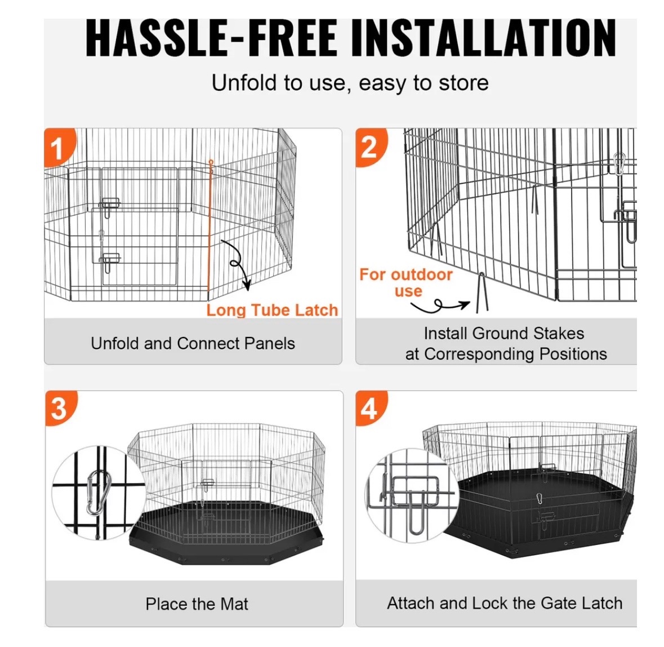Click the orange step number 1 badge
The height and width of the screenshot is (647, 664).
pyautogui.click(x=59, y=147)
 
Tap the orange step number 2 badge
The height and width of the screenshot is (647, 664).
pyautogui.click(x=371, y=147)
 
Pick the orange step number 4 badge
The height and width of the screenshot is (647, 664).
pyautogui.click(x=371, y=407)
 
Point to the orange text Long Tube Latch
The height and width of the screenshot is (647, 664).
pyautogui.click(x=272, y=310)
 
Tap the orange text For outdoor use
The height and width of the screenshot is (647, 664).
pyautogui.click(x=405, y=282)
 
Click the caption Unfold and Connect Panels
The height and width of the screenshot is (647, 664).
pyautogui.click(x=193, y=343)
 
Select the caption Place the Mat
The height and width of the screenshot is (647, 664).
pyautogui.click(x=197, y=604)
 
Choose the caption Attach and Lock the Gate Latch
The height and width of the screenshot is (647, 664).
pyautogui.click(x=505, y=603)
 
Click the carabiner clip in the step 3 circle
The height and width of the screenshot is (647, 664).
pyautogui.click(x=99, y=492)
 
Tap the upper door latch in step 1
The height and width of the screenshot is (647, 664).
pyautogui.click(x=109, y=206)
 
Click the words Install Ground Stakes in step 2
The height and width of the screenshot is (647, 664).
pyautogui.click(x=504, y=334)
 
